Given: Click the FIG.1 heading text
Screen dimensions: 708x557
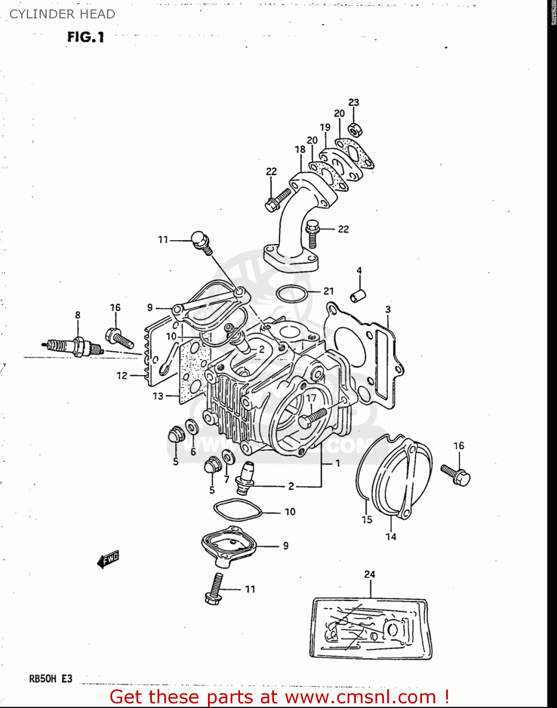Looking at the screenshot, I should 85,37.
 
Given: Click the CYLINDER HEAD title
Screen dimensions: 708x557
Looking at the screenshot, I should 62,14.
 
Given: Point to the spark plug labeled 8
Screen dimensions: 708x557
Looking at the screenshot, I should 75,348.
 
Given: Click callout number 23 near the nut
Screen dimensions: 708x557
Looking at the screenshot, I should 354,102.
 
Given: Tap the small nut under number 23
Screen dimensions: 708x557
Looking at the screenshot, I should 355,128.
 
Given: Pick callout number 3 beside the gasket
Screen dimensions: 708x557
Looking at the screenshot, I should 388,310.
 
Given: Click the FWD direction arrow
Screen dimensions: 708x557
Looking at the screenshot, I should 108,559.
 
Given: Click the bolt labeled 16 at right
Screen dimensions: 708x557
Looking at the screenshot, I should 456,474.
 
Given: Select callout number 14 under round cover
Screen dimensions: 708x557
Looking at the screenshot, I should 391,537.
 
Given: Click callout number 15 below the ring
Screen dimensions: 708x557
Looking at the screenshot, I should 367,520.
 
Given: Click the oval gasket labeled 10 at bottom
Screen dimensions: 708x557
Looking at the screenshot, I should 237,510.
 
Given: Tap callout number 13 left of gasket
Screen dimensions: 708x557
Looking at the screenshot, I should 158,396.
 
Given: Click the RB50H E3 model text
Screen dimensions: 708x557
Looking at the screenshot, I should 51,679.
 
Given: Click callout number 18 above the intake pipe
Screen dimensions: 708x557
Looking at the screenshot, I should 300,150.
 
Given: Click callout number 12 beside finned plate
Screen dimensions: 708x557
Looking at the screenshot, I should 122,376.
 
